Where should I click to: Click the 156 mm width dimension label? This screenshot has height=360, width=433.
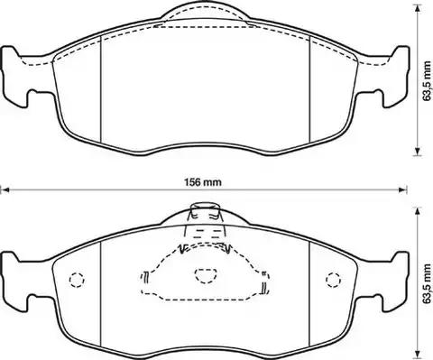202,182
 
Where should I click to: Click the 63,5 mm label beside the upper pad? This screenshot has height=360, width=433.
426,81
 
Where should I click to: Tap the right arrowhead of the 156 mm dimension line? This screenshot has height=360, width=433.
402,189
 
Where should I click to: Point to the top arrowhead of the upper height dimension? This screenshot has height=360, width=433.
417,8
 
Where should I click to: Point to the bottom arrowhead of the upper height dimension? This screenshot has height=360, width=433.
417,152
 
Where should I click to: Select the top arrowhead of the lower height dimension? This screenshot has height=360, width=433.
417,212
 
